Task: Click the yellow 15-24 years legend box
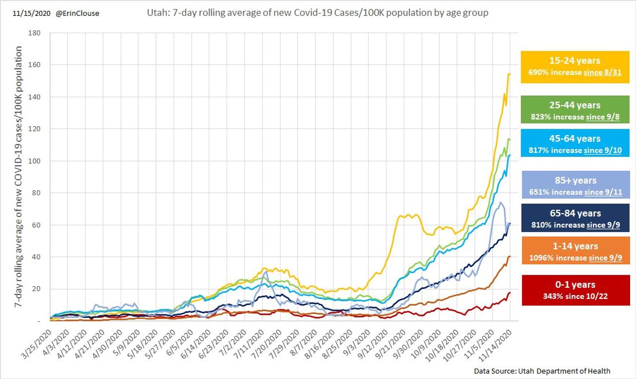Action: [x=575, y=67]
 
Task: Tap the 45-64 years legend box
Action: [x=575, y=144]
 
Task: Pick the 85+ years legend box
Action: [x=575, y=185]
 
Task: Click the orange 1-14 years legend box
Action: [x=575, y=251]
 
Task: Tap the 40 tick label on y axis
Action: [x=42, y=257]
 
